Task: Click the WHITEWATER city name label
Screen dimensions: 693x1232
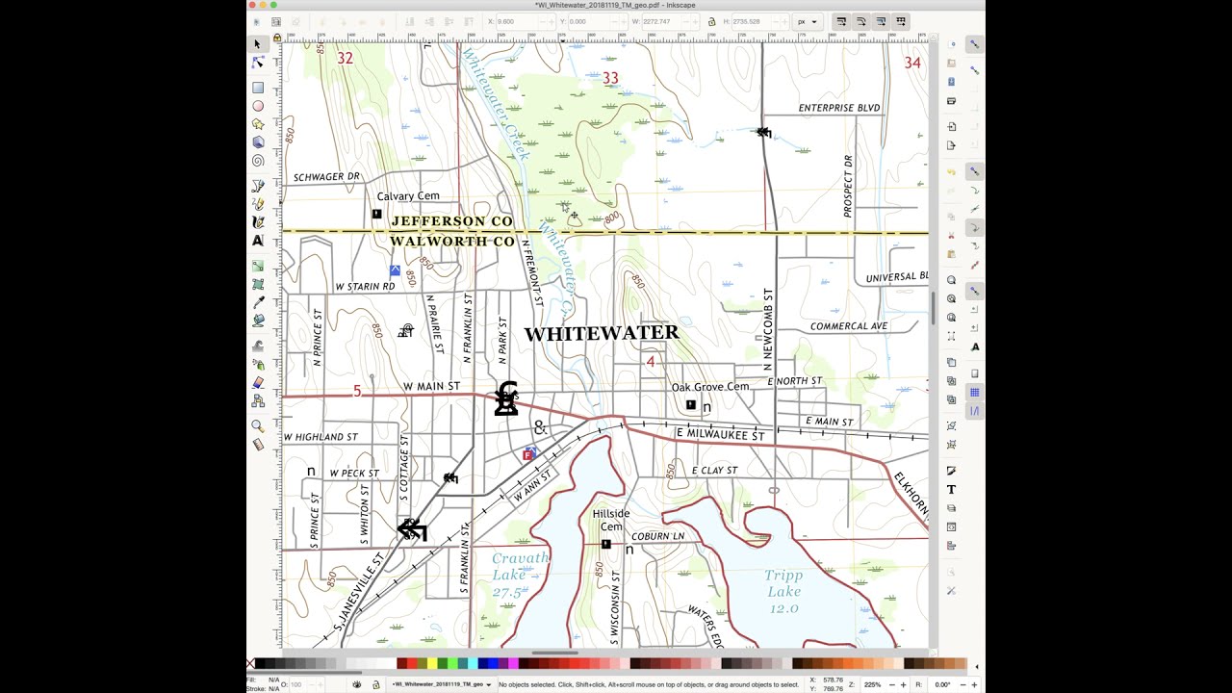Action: pyautogui.click(x=602, y=333)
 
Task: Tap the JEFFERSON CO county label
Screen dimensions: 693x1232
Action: pyautogui.click(x=451, y=221)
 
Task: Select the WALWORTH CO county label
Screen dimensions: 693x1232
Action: pyautogui.click(x=451, y=241)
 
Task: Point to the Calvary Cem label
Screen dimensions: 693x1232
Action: pyautogui.click(x=408, y=196)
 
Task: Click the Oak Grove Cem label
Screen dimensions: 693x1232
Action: pyautogui.click(x=710, y=387)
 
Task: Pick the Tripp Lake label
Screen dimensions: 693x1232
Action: pyautogui.click(x=783, y=592)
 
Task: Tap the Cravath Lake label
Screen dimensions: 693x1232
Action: pyautogui.click(x=519, y=575)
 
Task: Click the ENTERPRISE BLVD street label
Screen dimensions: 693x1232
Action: pyautogui.click(x=839, y=108)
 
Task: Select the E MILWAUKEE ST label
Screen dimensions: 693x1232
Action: pyautogui.click(x=721, y=435)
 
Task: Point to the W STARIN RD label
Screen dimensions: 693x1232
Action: pyautogui.click(x=365, y=287)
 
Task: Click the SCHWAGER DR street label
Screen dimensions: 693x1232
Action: pyautogui.click(x=326, y=177)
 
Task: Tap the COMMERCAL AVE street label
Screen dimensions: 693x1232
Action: pyautogui.click(x=849, y=326)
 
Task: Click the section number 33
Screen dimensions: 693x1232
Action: pyautogui.click(x=610, y=78)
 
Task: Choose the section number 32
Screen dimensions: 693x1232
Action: pyautogui.click(x=345, y=59)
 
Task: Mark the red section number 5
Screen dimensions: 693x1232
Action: pyautogui.click(x=357, y=391)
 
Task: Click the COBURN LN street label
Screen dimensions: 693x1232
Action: pyautogui.click(x=657, y=536)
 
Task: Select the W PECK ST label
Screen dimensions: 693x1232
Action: pyautogui.click(x=354, y=474)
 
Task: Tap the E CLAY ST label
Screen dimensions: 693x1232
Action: pyautogui.click(x=714, y=471)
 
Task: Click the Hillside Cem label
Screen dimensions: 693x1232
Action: pyautogui.click(x=611, y=520)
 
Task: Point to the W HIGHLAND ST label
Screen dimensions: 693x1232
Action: pyautogui.click(x=321, y=437)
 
